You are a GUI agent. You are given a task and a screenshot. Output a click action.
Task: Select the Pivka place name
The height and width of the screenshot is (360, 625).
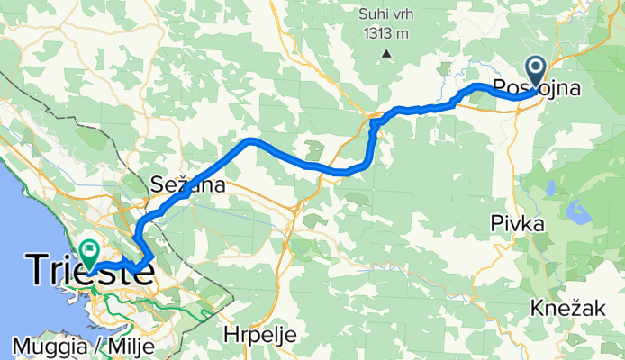click(517, 223)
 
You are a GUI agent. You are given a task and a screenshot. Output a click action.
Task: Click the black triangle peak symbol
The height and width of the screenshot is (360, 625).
click(386, 53)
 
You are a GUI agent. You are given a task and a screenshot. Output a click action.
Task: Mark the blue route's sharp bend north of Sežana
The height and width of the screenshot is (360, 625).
click(251, 141)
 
